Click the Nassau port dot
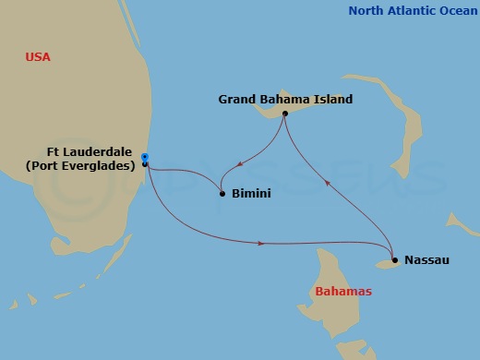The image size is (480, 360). [x=394, y=260]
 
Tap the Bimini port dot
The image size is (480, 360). [x=222, y=194]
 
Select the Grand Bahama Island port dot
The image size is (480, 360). [x=285, y=114]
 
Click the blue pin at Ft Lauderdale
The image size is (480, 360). [x=145, y=157]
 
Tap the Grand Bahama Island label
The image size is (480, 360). [x=285, y=98]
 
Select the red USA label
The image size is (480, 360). [x=38, y=57]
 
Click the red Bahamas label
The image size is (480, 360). [x=343, y=292]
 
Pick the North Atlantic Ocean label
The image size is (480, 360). [x=411, y=11]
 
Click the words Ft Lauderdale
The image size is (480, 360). [x=90, y=151]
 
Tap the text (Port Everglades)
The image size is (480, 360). [x=90, y=165]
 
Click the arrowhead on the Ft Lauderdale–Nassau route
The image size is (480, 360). [x=263, y=243]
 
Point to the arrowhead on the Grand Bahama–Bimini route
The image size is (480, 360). [x=239, y=166]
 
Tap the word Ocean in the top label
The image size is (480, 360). [x=454, y=11]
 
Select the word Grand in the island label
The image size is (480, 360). [x=237, y=98]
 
